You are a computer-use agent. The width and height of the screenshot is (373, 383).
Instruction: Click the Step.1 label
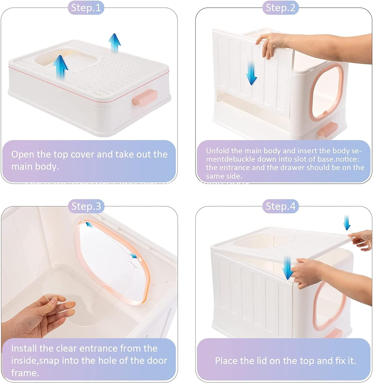point(86,8)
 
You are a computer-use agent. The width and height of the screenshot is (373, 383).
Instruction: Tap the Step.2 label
point(281,8)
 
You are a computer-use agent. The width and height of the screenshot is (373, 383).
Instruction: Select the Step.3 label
point(86,206)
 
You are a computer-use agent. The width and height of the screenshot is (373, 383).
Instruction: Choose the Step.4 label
point(281,206)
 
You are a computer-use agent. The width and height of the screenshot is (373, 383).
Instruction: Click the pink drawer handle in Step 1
point(145,97)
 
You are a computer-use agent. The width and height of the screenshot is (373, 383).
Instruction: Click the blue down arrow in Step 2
point(251,74)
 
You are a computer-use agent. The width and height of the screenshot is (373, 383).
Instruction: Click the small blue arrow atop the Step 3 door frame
point(88,224)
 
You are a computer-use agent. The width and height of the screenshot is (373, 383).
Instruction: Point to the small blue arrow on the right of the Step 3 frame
point(133,256)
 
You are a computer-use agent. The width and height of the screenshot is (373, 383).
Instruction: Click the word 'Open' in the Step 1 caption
point(22,154)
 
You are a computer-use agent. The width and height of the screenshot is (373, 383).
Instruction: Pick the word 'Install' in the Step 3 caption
point(24,348)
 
